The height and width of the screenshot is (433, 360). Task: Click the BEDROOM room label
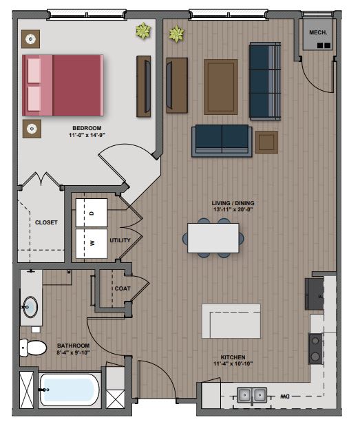(87, 128)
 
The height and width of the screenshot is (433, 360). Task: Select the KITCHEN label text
(233, 357)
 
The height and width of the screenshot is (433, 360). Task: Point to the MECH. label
(317, 31)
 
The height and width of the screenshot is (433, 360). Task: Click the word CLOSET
(46, 222)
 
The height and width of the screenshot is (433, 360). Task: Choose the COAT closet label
(123, 288)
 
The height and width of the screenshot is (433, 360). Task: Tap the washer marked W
(92, 242)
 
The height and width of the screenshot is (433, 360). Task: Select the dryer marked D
(92, 213)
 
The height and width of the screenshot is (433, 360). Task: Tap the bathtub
(69, 390)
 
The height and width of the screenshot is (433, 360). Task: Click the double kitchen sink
(252, 395)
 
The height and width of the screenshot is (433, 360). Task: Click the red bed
(63, 85)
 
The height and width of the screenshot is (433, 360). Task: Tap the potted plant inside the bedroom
(144, 30)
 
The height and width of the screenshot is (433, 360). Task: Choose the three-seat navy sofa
(265, 82)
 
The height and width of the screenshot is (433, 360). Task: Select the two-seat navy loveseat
(222, 140)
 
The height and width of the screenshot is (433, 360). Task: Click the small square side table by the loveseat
(266, 142)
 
